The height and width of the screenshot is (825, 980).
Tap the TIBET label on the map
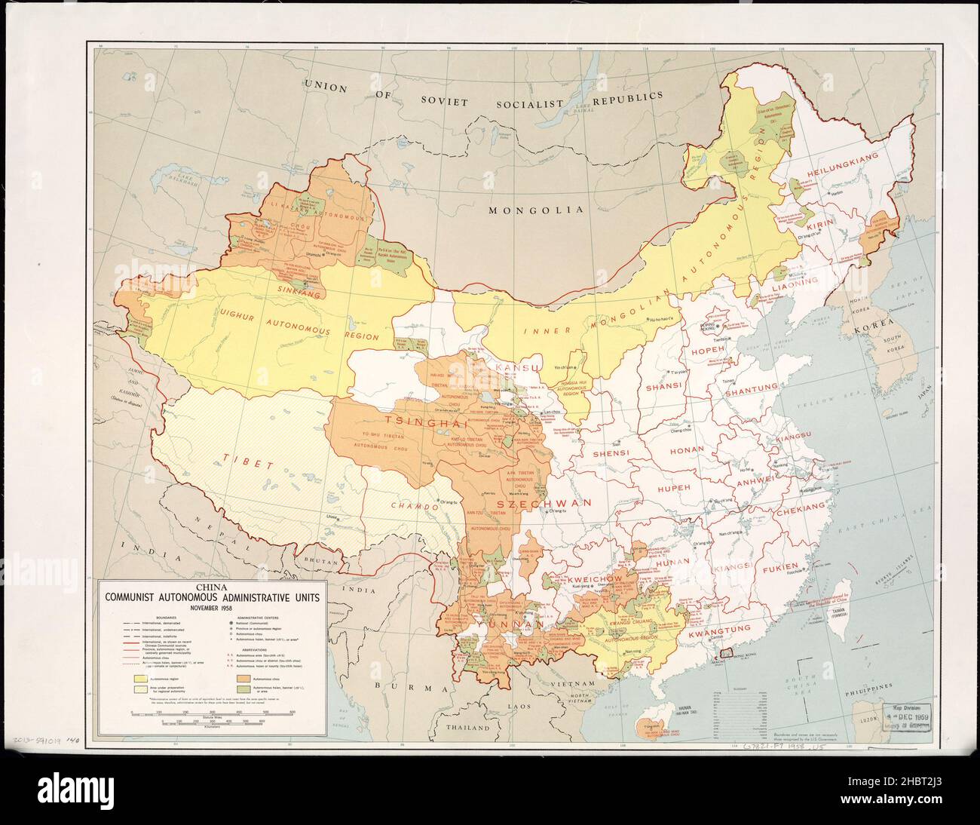pyautogui.click(x=247, y=461)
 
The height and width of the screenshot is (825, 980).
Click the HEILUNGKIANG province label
pyautogui.click(x=842, y=175)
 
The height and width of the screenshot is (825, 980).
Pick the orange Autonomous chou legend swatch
pyautogui.click(x=244, y=679)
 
